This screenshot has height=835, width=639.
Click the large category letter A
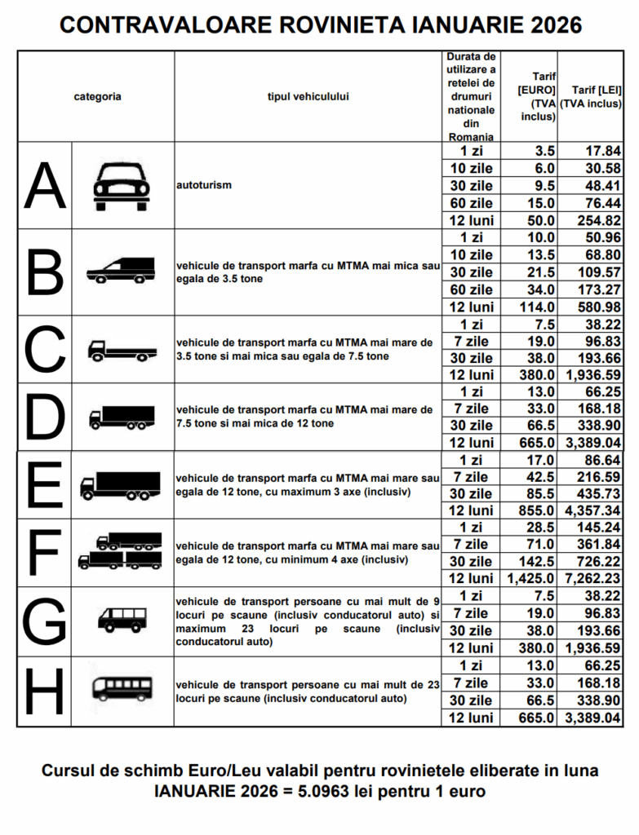click(x=44, y=186)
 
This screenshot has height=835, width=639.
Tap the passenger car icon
click(x=121, y=186)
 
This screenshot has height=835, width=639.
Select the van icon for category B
click(x=121, y=271)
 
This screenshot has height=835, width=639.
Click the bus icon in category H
click(x=121, y=690)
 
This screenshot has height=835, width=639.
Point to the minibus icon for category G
click(x=121, y=620)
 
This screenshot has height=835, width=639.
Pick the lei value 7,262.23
click(x=591, y=578)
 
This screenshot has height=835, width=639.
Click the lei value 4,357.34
click(x=591, y=510)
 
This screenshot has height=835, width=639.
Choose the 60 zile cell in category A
click(x=472, y=203)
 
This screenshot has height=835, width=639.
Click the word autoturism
click(x=204, y=185)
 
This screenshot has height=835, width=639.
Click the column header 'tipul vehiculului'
click(x=308, y=96)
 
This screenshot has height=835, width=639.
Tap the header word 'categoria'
click(x=97, y=96)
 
